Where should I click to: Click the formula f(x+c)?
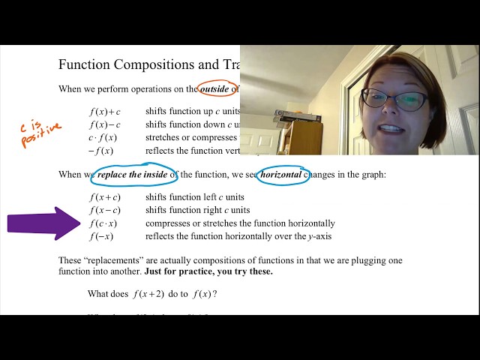pos(105,197)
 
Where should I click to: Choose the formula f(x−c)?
pos(105,210)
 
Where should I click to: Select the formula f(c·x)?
pos(103,223)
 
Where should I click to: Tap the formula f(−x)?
pos(102,236)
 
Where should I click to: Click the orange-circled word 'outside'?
pos(215,89)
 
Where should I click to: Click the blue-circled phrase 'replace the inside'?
pos(133,175)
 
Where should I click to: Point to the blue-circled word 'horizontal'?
pos(280,175)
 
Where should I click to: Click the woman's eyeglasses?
pos(393,98)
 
